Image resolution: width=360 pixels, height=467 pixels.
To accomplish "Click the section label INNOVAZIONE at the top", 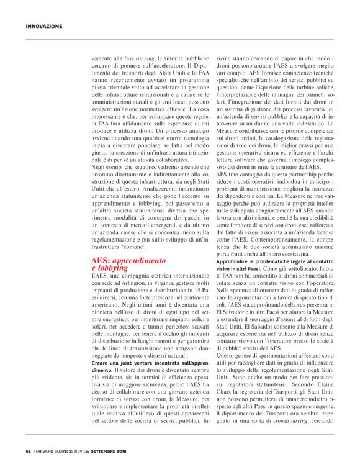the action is pos(44,26).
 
